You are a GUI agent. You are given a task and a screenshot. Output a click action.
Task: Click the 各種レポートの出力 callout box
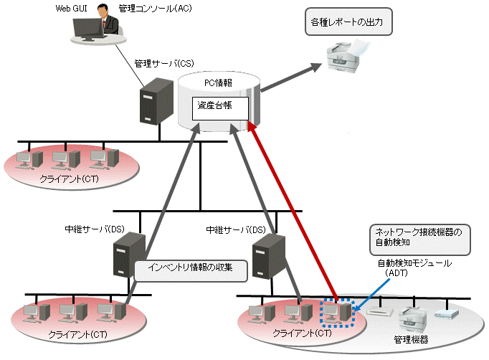click(348, 22)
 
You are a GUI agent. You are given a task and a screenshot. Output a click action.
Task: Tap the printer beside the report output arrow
click(347, 56)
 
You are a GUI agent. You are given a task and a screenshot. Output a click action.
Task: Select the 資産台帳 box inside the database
click(220, 108)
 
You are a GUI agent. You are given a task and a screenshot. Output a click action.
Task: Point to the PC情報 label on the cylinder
click(218, 83)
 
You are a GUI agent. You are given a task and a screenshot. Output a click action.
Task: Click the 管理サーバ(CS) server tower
click(156, 101)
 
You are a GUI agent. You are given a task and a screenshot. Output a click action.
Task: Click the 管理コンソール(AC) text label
click(155, 9)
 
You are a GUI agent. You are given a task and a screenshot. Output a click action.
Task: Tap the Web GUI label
click(71, 9)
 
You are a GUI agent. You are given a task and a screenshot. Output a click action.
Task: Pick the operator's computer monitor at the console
click(88, 29)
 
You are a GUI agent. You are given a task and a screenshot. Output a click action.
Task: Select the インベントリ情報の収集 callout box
click(191, 271)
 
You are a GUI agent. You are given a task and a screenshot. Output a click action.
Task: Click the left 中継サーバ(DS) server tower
click(129, 255)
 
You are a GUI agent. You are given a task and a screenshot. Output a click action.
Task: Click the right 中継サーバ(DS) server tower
click(268, 257)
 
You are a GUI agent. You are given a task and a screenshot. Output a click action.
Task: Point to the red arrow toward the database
click(293, 211)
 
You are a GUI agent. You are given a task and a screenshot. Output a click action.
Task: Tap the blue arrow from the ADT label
click(372, 295)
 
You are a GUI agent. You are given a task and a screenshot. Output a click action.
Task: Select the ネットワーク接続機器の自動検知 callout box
click(419, 240)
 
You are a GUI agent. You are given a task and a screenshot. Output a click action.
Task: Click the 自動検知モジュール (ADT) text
click(414, 268)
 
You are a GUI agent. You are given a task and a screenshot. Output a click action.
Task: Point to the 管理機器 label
click(411, 339)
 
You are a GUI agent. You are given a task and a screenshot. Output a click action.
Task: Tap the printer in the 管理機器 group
click(413, 320)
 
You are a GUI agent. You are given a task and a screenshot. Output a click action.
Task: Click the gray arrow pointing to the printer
click(291, 77)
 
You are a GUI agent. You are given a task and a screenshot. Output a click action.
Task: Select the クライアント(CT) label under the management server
click(69, 179)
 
